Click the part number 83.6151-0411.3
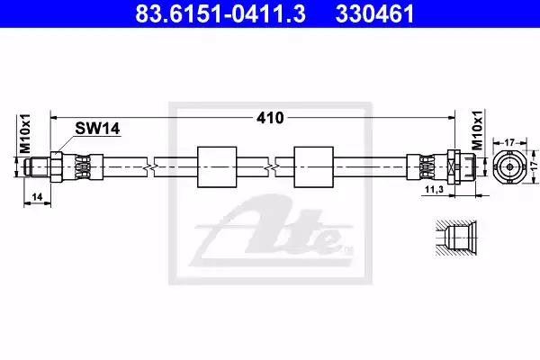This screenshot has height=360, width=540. pyautogui.click(x=220, y=14)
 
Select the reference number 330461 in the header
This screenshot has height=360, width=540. pyautogui.click(x=374, y=14)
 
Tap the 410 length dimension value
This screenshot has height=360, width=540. pyautogui.click(x=270, y=118)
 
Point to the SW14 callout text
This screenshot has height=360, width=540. pyautogui.click(x=97, y=129)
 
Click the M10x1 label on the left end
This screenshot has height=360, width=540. pyautogui.click(x=25, y=133)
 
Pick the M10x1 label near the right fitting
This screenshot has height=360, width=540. pyautogui.click(x=477, y=130)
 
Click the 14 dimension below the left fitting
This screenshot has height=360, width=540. pyautogui.click(x=37, y=197)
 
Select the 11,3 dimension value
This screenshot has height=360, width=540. pyautogui.click(x=434, y=189)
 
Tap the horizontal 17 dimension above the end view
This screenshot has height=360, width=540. pyautogui.click(x=509, y=142)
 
